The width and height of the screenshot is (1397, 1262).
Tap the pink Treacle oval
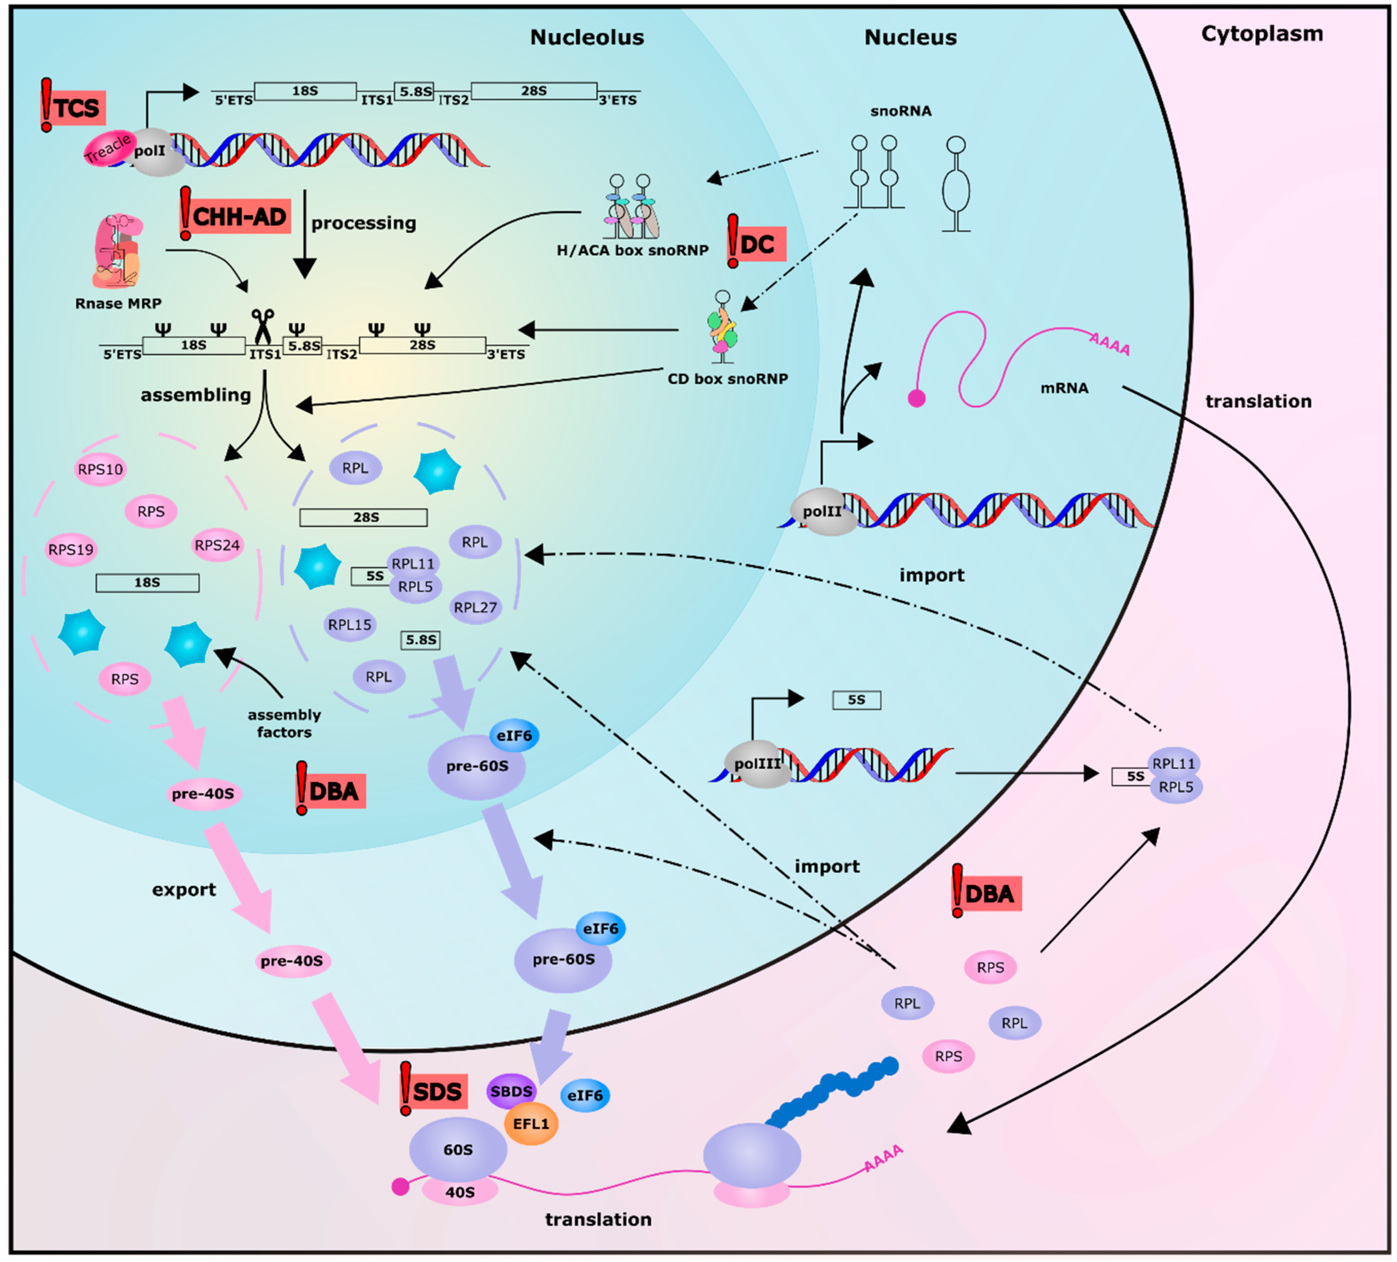(x=107, y=148)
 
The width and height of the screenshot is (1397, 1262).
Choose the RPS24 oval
(x=217, y=546)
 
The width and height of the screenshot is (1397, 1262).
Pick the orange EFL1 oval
(x=531, y=1123)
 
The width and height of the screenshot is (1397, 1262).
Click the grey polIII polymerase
(x=757, y=764)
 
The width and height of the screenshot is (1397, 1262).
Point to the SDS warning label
(x=436, y=1092)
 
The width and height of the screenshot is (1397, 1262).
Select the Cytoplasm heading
(x=1262, y=33)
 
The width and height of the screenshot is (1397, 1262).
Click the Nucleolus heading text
(x=587, y=38)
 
